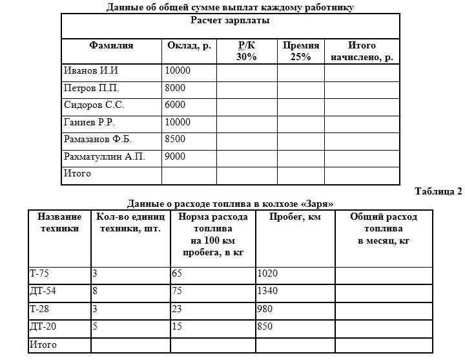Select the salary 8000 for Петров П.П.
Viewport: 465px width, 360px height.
pyautogui.click(x=175, y=88)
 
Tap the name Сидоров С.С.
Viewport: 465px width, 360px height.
pyautogui.click(x=94, y=105)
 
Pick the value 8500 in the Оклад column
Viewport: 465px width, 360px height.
pyautogui.click(x=175, y=139)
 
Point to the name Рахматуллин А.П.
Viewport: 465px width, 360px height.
pyautogui.click(x=104, y=156)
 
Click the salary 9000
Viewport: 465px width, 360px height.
pyautogui.click(x=175, y=156)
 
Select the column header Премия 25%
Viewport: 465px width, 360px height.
pyautogui.click(x=300, y=51)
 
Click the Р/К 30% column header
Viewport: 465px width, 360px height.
pyautogui.click(x=246, y=51)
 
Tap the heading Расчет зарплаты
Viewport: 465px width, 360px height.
pyautogui.click(x=230, y=20)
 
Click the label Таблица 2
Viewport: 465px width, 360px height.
pyautogui.click(x=439, y=191)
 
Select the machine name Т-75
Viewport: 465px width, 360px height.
pyautogui.click(x=39, y=273)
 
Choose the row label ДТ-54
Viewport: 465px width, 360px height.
pyautogui.click(x=42, y=291)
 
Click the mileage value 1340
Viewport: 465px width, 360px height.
pyautogui.click(x=267, y=291)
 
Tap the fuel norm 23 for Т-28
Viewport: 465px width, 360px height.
pyautogui.click(x=177, y=309)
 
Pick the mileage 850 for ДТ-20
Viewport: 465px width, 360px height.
pyautogui.click(x=265, y=326)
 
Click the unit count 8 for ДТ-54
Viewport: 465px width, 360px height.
pyautogui.click(x=95, y=291)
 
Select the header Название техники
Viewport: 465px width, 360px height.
pyautogui.click(x=59, y=222)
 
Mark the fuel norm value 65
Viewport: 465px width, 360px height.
pyautogui.click(x=177, y=273)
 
